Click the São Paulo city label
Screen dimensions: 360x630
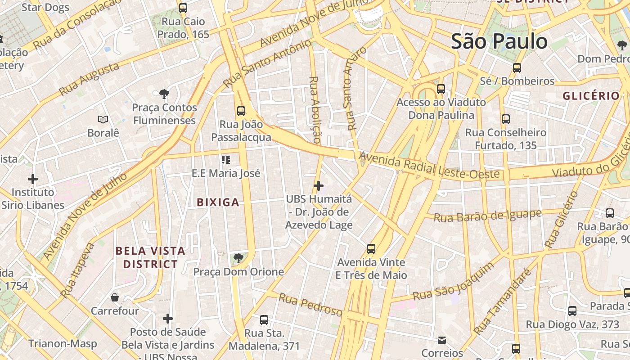pyautogui.click(x=499, y=41)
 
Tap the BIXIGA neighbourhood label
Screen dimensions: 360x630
pyautogui.click(x=218, y=202)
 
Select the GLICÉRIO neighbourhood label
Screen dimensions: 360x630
pyautogui.click(x=591, y=96)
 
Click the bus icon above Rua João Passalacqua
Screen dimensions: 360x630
pyautogui.click(x=241, y=111)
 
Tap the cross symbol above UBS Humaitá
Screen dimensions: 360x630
pyautogui.click(x=319, y=185)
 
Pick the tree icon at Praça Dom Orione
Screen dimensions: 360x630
pyautogui.click(x=238, y=258)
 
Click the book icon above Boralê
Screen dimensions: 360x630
pyautogui.click(x=103, y=119)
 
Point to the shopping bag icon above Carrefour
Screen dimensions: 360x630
pyautogui.click(x=115, y=297)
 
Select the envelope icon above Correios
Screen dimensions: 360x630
pyautogui.click(x=442, y=340)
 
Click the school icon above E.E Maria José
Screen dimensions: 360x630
pyautogui.click(x=226, y=159)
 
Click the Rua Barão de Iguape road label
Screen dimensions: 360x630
pyautogui.click(x=487, y=216)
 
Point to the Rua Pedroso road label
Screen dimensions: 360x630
pyautogui.click(x=310, y=304)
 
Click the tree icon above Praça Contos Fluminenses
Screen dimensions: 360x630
pyautogui.click(x=164, y=94)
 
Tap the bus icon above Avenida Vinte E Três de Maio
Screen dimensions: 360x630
pyautogui.click(x=371, y=248)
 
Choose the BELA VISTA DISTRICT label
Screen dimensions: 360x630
pyautogui.click(x=150, y=257)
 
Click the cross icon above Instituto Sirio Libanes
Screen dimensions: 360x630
pyautogui.click(x=32, y=179)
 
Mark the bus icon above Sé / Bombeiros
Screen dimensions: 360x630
pyautogui.click(x=517, y=68)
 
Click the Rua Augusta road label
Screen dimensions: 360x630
pyautogui.click(x=89, y=79)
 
